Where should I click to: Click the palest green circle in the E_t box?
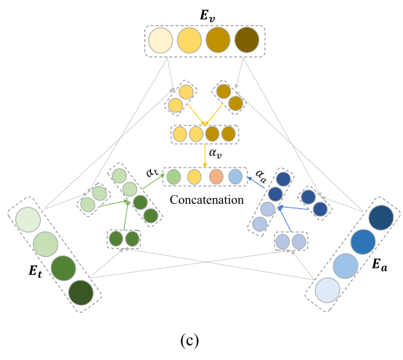click(27, 221)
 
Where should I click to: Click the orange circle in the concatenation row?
click(216, 176)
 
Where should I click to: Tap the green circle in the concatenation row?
click(174, 176)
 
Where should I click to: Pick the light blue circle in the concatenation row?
click(236, 176)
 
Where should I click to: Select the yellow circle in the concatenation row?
click(195, 176)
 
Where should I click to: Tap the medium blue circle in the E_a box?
click(363, 242)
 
